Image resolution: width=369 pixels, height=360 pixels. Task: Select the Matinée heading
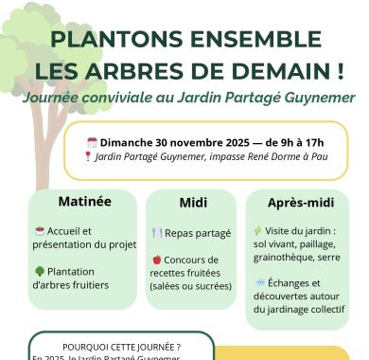[x=84, y=201]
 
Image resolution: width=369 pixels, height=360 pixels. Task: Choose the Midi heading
[x=193, y=203]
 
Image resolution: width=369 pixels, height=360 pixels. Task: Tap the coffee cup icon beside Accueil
[x=39, y=230]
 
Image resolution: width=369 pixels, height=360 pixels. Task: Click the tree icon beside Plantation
[x=39, y=271]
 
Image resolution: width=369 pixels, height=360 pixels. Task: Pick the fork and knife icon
[x=157, y=232]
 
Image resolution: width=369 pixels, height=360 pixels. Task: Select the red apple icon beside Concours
[x=156, y=260]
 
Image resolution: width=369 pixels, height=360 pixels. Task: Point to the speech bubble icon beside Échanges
[x=260, y=283]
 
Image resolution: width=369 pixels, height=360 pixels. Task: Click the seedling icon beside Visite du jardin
[x=258, y=230]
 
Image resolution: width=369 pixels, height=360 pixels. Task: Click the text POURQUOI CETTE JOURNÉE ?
[x=121, y=347]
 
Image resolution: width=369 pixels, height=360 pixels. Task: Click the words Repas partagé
[x=200, y=232]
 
